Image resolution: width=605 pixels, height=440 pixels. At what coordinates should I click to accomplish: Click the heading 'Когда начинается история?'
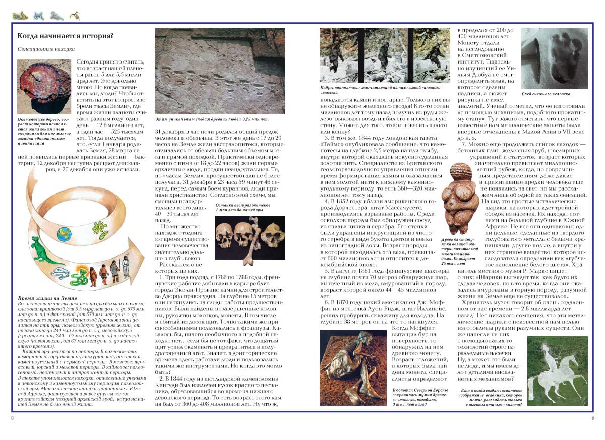tap(65, 36)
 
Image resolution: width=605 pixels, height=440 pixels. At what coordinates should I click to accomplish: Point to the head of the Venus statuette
tap(460, 172)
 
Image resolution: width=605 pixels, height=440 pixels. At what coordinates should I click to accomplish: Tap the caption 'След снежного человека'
tap(546, 94)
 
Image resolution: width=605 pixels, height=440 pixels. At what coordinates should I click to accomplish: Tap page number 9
tap(593, 418)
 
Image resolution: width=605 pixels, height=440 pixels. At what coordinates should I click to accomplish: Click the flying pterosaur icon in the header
tap(75, 16)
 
